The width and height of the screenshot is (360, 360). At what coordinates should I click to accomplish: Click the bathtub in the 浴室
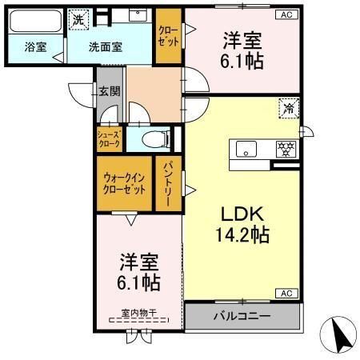click(35, 21)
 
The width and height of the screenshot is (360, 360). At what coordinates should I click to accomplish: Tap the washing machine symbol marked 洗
click(78, 19)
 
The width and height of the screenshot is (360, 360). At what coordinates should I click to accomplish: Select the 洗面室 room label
click(106, 47)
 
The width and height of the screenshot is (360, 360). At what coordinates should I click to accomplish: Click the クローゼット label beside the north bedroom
click(168, 36)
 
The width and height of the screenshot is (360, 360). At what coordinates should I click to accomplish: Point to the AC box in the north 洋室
click(286, 14)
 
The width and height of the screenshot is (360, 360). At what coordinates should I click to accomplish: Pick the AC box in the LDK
click(286, 294)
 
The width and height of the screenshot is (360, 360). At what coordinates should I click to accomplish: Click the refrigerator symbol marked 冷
click(289, 108)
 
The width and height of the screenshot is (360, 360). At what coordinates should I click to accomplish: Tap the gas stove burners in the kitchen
click(286, 149)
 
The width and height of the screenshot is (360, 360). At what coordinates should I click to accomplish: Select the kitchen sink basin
click(246, 149)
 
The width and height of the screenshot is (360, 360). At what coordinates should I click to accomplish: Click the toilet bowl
click(156, 139)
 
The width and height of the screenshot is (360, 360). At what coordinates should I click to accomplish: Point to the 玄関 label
click(110, 91)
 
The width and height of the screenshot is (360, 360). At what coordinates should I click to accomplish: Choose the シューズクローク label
click(109, 139)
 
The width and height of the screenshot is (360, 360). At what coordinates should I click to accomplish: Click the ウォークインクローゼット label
click(124, 183)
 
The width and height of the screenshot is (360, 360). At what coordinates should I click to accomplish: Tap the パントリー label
click(168, 185)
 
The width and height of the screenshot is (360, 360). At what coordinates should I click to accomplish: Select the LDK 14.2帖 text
click(242, 224)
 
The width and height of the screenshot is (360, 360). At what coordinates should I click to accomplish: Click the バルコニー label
click(242, 316)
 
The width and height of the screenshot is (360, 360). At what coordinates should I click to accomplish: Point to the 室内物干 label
click(138, 313)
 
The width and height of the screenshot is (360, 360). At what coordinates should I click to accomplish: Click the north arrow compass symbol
click(338, 334)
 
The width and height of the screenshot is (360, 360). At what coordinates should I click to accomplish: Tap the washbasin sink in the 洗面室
click(138, 15)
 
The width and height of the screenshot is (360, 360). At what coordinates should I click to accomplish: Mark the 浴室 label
click(35, 47)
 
